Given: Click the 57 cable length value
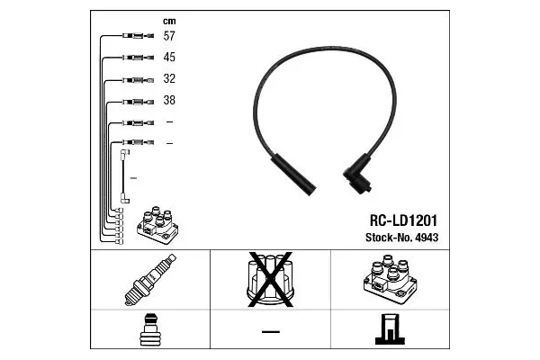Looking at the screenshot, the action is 169,36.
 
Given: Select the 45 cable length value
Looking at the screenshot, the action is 169,58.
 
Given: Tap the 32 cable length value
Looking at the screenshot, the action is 169,78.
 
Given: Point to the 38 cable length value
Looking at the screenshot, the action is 169,100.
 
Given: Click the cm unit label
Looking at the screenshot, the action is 169,22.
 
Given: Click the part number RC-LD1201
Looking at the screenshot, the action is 403,220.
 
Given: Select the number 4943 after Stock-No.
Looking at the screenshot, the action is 427,238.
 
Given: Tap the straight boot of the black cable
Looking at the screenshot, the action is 293,175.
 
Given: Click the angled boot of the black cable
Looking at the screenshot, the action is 357,175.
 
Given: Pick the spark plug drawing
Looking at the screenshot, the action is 150,280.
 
